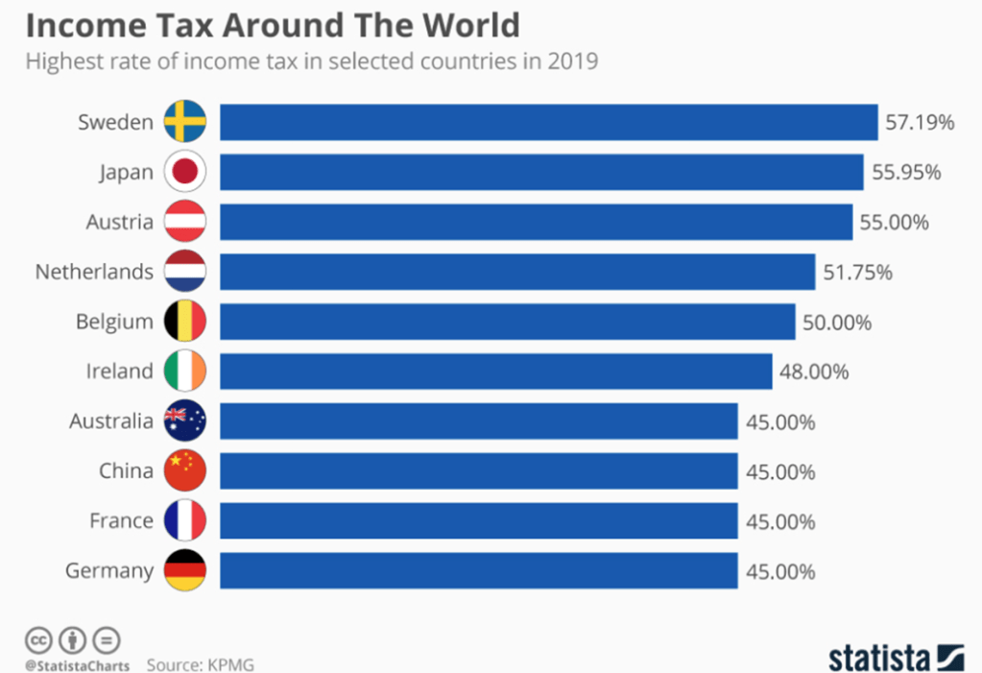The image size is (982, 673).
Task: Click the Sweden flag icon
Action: click(x=185, y=122)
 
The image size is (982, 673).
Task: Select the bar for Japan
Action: click(x=541, y=172)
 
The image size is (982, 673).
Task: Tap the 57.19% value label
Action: click(x=921, y=123)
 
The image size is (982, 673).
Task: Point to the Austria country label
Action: click(x=119, y=222)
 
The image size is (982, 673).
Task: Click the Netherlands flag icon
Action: click(x=185, y=272)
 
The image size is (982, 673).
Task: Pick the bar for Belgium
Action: click(x=508, y=322)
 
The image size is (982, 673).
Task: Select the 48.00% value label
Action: click(x=815, y=372)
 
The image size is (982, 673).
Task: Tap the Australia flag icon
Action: click(x=185, y=421)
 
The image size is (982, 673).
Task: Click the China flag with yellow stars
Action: click(x=185, y=471)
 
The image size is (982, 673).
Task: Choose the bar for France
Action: click(x=479, y=521)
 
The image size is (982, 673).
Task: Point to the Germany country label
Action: click(x=109, y=571)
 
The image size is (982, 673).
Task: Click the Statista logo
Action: click(x=895, y=659)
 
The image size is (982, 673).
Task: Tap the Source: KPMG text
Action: click(x=201, y=663)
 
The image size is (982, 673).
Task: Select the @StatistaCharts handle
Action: click(x=77, y=663)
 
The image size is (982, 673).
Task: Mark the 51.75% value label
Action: click(x=857, y=273)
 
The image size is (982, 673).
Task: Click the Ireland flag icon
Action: click(x=185, y=372)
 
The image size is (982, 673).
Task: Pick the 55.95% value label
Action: click(x=906, y=173)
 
